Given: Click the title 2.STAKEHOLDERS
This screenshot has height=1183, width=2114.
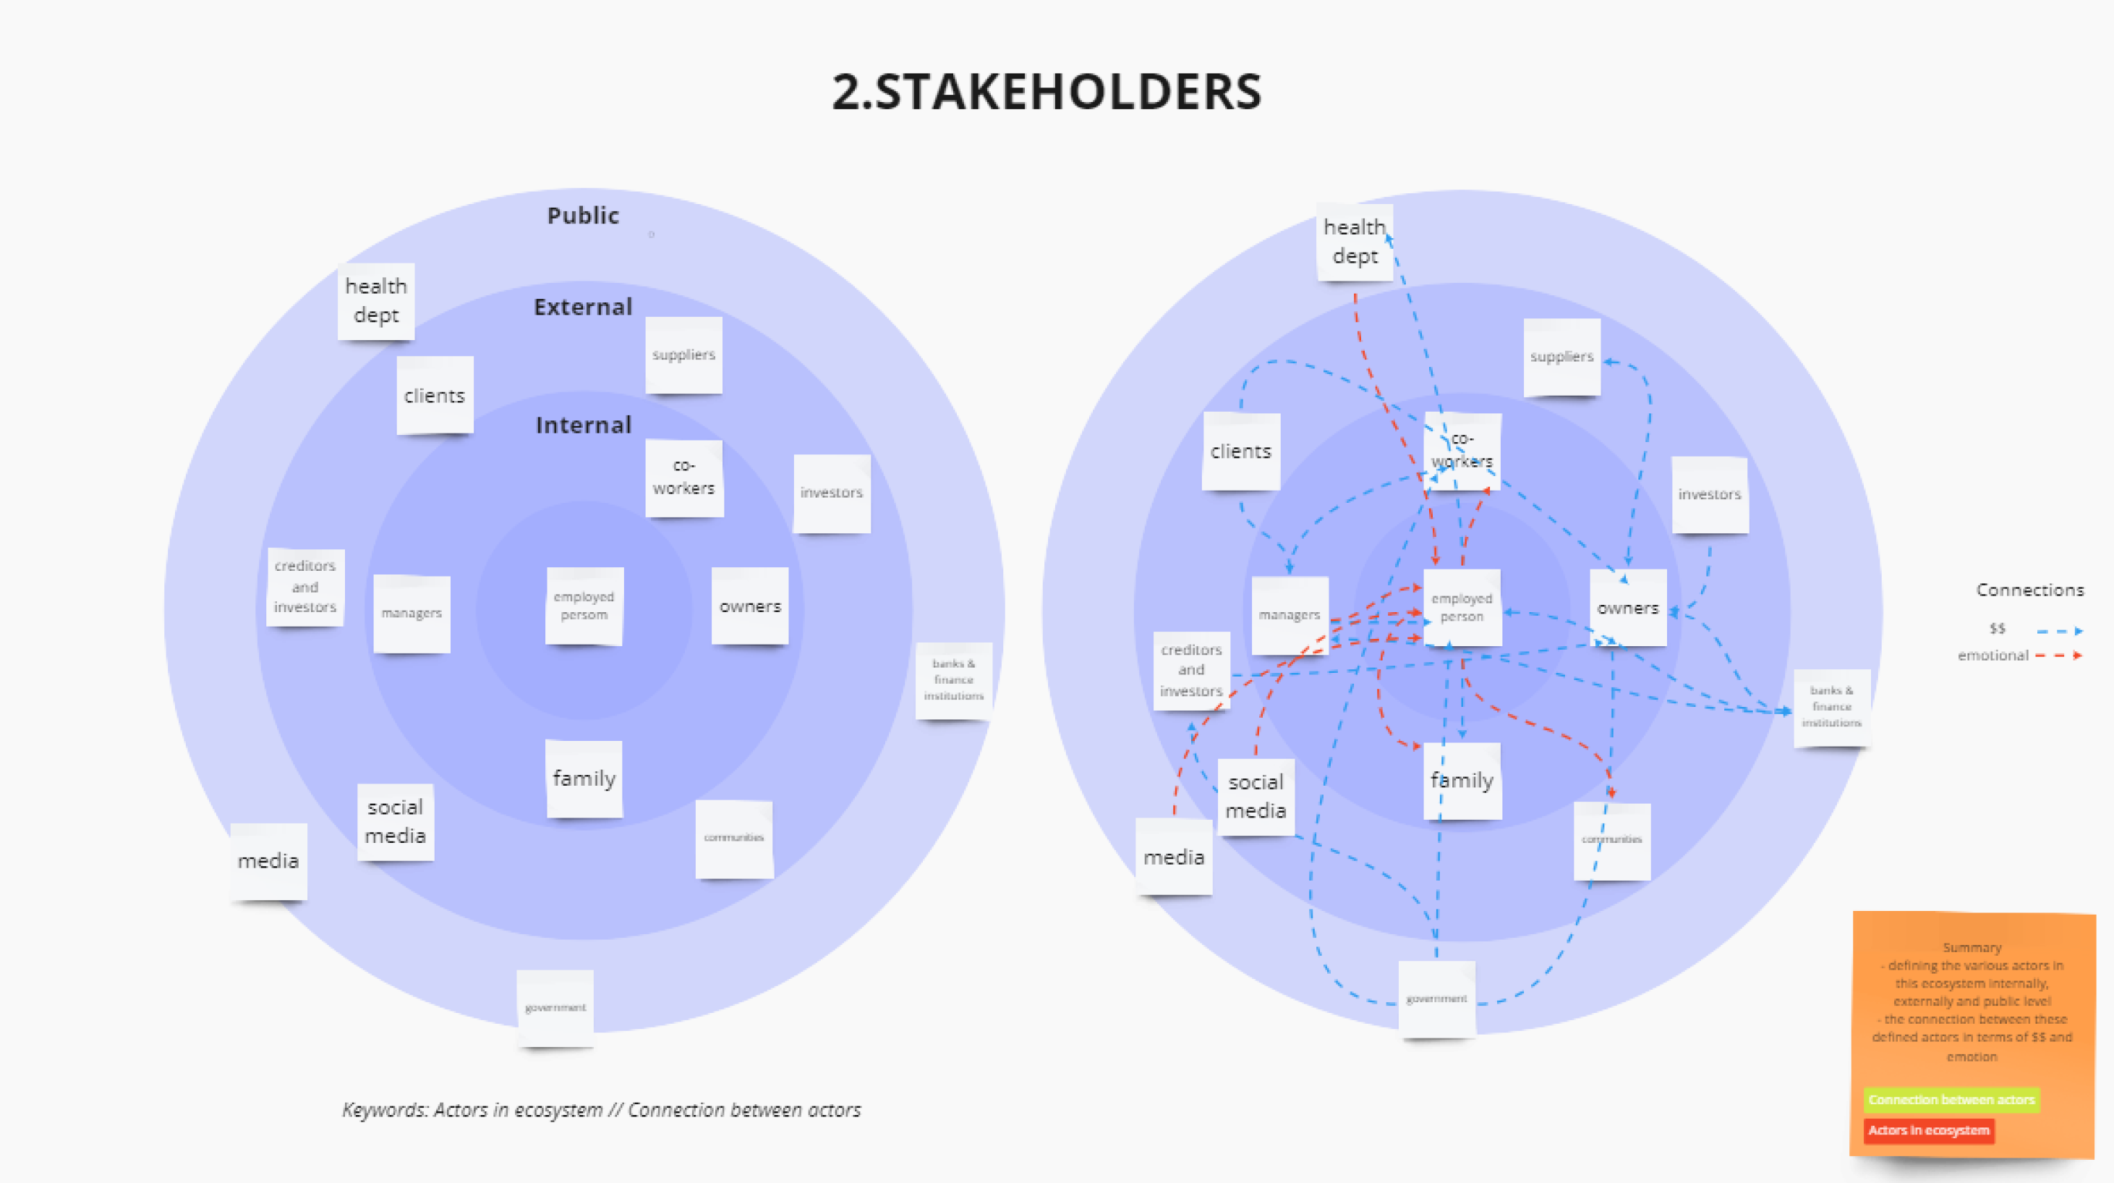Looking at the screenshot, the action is pos(1047,91).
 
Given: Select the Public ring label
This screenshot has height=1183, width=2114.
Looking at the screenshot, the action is pos(583,215).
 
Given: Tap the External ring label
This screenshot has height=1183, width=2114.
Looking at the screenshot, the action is pos(583,307).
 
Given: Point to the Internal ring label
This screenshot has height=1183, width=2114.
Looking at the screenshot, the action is pos(584,425).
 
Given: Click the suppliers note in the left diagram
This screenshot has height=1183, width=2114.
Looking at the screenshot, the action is pos(683,355).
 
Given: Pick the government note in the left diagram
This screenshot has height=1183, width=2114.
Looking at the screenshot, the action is pos(555,1007).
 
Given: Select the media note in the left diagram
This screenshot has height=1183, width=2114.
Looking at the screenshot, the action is pos(268,860).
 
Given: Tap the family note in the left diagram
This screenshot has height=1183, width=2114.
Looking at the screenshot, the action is pos(584,779).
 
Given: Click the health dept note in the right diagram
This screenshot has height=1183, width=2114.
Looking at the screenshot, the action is pos(1354,242).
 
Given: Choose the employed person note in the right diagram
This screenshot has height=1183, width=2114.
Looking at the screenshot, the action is pos(1462,608).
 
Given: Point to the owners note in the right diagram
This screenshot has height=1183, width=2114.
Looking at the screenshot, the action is pos(1627,609).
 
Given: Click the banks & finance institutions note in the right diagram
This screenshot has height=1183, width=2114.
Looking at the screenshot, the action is pos(1832,707).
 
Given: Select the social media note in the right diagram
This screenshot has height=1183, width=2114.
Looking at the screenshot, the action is pos(1256,797).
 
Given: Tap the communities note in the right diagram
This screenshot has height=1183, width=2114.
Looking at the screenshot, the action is pos(1612,840).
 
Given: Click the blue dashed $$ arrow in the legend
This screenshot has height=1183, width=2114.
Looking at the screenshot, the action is pos(2059,630).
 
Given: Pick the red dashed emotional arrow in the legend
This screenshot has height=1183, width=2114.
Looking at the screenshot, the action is pos(2059,655).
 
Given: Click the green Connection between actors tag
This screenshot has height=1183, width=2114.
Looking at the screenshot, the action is pos(1951,1099).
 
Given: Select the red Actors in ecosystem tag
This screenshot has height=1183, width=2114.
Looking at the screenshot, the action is pos(1929,1130).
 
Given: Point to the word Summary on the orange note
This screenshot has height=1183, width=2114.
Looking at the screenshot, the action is pos(1972,947).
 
